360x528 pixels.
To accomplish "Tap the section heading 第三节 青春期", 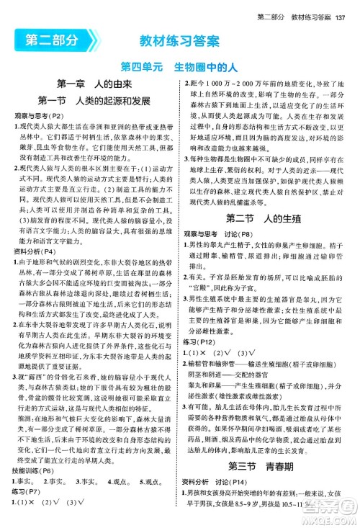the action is click(269, 484).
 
